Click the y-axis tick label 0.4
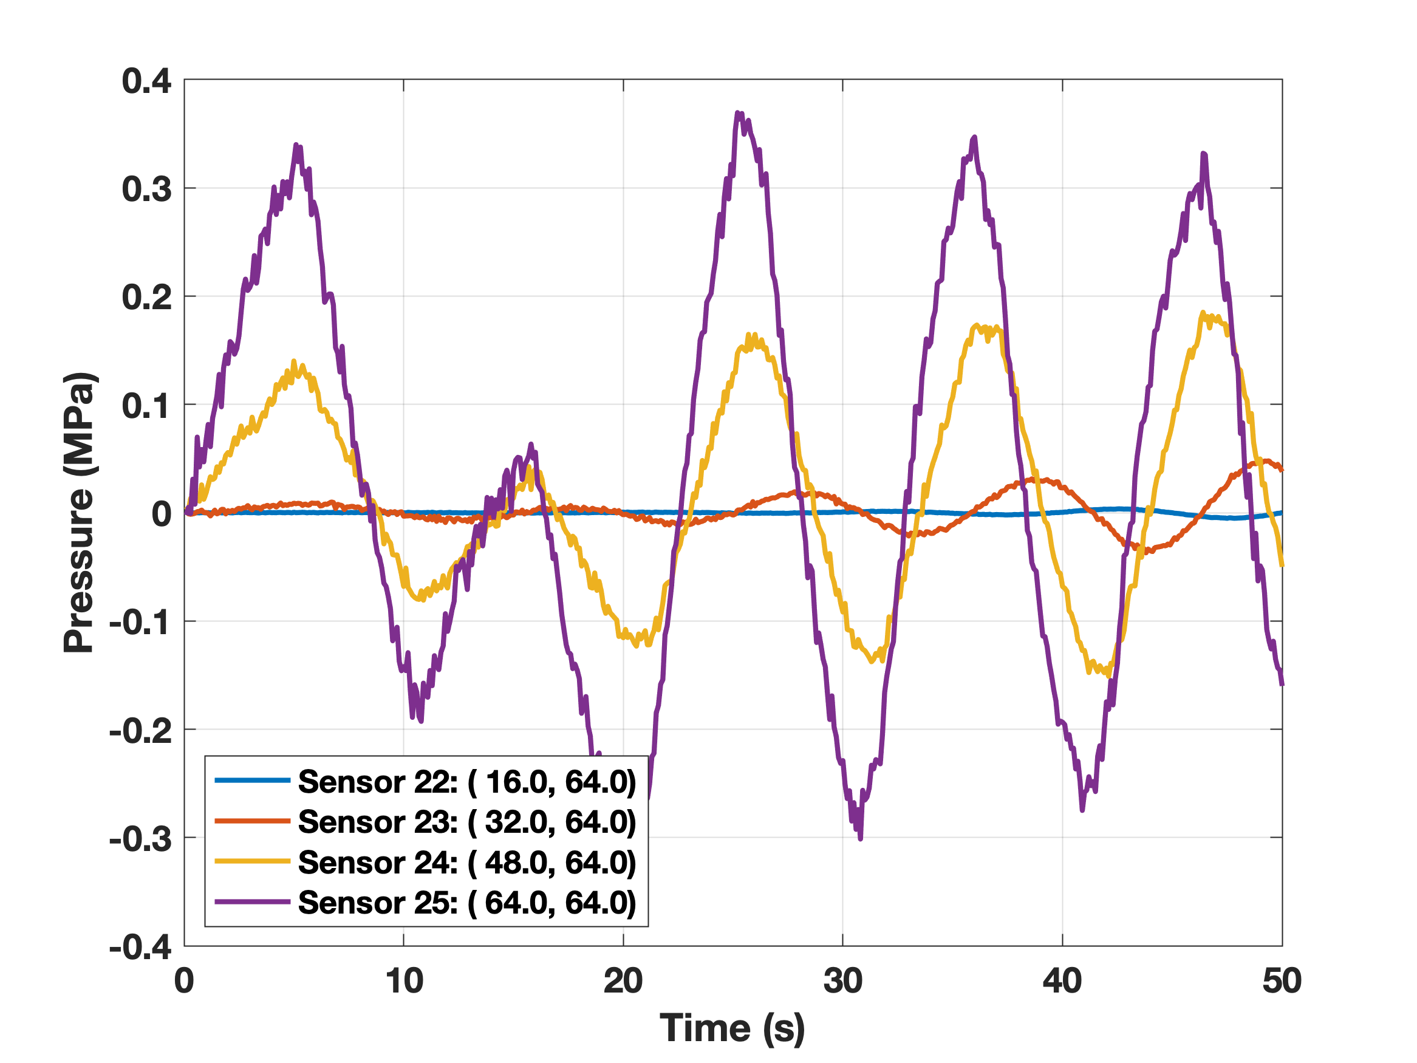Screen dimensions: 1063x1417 (147, 81)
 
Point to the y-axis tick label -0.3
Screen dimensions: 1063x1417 (140, 839)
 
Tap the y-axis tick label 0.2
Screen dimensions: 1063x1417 (147, 298)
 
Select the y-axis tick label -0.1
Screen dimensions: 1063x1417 (140, 622)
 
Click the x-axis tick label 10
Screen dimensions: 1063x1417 (403, 981)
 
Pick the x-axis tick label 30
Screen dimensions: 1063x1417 (842, 981)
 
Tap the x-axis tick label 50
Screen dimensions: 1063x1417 (1282, 981)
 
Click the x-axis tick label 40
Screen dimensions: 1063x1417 (1062, 981)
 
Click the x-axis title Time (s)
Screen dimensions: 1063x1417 (732, 1029)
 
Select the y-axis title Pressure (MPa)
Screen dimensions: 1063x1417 (80, 513)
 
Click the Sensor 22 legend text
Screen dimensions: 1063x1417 (466, 782)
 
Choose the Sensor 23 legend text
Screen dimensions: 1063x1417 (466, 821)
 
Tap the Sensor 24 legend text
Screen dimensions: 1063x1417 (466, 863)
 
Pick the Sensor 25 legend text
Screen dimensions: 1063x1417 (466, 902)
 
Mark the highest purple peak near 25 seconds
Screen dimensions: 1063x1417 (738, 114)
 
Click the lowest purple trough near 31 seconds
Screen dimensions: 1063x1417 (859, 838)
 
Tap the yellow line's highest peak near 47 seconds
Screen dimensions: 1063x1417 (1203, 313)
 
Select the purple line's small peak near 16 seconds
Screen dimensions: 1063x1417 (530, 444)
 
